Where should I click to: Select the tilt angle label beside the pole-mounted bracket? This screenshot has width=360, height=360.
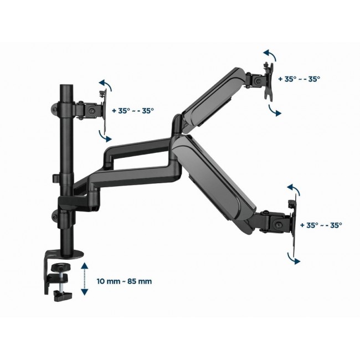click(x=133, y=110)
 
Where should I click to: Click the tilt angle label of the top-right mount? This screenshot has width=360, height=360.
click(x=299, y=79)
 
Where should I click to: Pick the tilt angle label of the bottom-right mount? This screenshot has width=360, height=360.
click(x=321, y=225)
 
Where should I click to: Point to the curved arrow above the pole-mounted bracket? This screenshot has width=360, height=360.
click(x=105, y=86)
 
